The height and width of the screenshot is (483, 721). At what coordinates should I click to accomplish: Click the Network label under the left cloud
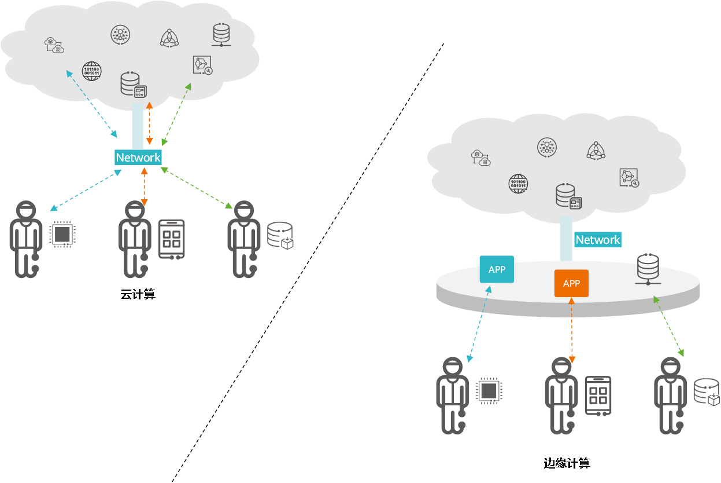(x=138, y=158)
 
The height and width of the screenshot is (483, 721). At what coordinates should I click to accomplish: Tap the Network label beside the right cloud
(x=597, y=240)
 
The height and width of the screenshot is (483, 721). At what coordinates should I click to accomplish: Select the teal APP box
(x=497, y=269)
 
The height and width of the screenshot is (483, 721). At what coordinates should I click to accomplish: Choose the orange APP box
(x=571, y=283)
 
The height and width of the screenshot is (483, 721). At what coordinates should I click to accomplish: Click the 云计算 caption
(x=138, y=294)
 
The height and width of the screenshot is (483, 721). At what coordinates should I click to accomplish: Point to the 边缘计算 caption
(x=567, y=463)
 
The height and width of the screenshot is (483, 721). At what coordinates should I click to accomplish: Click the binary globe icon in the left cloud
(x=91, y=71)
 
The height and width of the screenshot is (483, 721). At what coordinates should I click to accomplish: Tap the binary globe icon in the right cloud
(x=518, y=184)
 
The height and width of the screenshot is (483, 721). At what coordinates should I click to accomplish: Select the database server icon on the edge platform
(x=647, y=269)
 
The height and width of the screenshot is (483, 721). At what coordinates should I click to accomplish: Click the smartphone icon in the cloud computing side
(x=172, y=239)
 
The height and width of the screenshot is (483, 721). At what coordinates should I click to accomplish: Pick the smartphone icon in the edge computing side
(x=598, y=395)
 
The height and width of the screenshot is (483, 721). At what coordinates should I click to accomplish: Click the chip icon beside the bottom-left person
(x=62, y=234)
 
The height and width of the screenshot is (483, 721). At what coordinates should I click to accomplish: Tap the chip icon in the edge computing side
(x=489, y=390)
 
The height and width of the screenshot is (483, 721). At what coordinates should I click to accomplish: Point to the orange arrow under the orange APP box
(x=572, y=330)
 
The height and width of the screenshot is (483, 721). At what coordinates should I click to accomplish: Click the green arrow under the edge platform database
(x=669, y=326)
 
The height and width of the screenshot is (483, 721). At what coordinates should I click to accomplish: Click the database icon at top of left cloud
(x=221, y=34)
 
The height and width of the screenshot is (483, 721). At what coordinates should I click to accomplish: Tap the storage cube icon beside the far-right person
(x=707, y=392)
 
